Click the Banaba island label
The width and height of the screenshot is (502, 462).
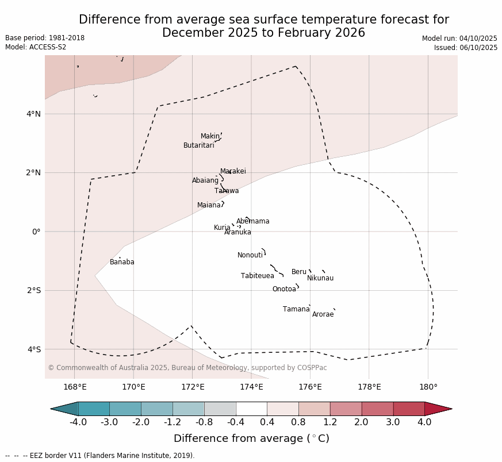(x=122, y=262)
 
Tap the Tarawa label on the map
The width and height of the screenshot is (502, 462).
(x=227, y=191)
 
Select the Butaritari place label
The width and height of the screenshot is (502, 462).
(x=198, y=145)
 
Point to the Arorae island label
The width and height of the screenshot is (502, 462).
(x=323, y=314)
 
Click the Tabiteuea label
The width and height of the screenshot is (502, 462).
(x=257, y=276)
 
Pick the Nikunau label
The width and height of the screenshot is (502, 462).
(x=320, y=278)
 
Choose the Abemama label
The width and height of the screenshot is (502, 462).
(x=252, y=221)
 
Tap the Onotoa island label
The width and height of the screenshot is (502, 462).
(x=284, y=289)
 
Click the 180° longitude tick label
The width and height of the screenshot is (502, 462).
(x=428, y=387)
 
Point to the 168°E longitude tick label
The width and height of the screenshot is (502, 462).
(x=75, y=387)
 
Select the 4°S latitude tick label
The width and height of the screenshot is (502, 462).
(x=33, y=349)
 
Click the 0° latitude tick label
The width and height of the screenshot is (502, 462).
(x=36, y=232)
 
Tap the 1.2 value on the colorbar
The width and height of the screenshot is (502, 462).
(x=329, y=422)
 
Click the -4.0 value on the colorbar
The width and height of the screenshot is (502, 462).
(x=78, y=422)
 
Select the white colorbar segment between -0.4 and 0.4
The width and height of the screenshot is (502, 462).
(x=251, y=409)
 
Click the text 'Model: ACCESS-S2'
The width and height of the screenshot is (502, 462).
(x=36, y=47)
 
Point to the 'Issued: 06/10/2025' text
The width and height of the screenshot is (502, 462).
(x=466, y=48)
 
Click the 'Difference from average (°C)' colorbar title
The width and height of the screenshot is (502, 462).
(x=251, y=438)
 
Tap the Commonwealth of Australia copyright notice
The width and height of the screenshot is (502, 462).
(x=187, y=368)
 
